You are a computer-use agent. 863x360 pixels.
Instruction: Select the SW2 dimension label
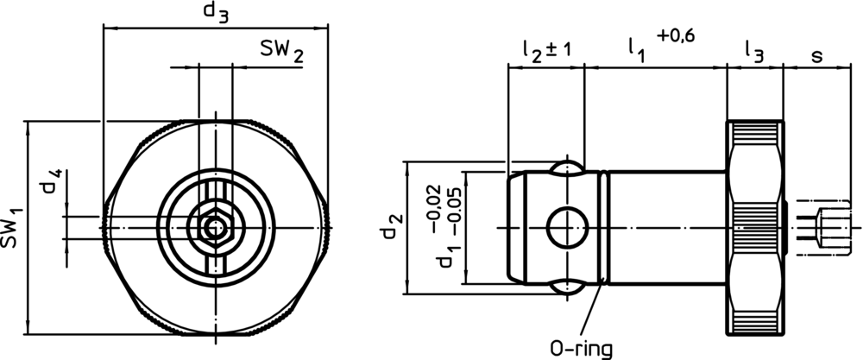[x=281, y=53]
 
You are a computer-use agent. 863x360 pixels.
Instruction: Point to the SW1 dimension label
[x=12, y=227]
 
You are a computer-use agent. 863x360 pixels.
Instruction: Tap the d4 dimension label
[x=53, y=186]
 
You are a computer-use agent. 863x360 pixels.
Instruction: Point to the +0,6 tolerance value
[x=676, y=35]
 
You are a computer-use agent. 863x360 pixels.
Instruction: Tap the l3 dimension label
[x=753, y=53]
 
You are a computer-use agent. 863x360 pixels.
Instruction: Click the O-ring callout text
[x=581, y=348]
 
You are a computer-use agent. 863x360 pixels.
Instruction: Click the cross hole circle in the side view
[x=566, y=227]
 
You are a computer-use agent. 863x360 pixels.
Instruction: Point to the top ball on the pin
[x=566, y=167]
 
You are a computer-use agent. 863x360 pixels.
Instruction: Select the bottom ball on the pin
[x=566, y=288]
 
